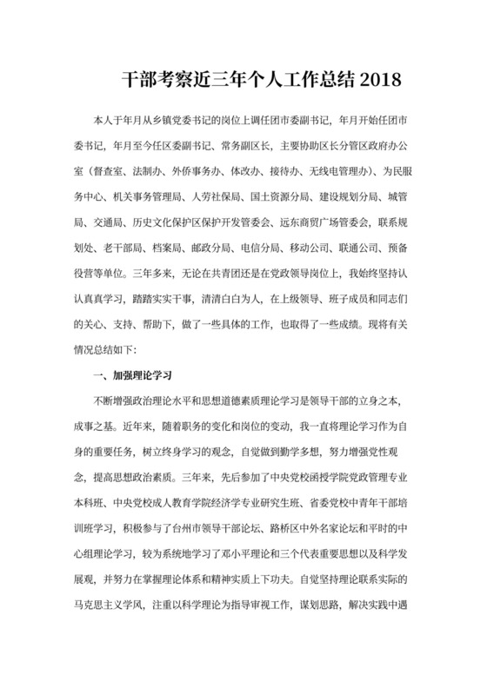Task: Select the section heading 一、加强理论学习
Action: point(130,352)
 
